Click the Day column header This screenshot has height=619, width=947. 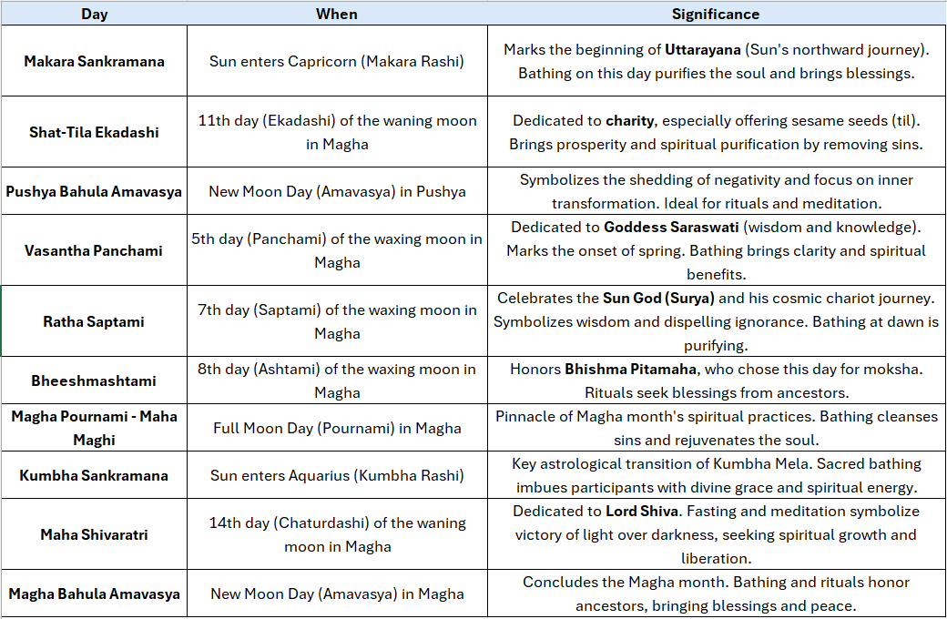pos(94,14)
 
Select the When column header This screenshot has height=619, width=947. pos(337,14)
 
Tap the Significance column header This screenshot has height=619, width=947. pos(716,14)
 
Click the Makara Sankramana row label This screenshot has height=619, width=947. pos(94,61)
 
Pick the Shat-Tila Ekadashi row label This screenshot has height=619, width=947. pos(94,132)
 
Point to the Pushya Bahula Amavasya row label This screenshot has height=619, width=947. pos(94,191)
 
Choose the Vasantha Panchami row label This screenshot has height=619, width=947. pos(94,250)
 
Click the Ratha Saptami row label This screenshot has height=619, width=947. pos(94,321)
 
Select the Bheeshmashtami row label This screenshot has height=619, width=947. pos(94,381)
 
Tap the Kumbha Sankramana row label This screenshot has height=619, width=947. pos(94,475)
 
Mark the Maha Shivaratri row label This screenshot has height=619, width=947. pos(94,534)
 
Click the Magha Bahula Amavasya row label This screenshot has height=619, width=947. pos(94,594)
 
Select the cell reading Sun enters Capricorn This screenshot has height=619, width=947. pos(337,61)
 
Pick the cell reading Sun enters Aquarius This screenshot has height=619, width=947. pos(337,475)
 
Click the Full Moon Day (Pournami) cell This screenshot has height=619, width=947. pos(337,428)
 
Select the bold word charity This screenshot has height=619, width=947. pos(630,120)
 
